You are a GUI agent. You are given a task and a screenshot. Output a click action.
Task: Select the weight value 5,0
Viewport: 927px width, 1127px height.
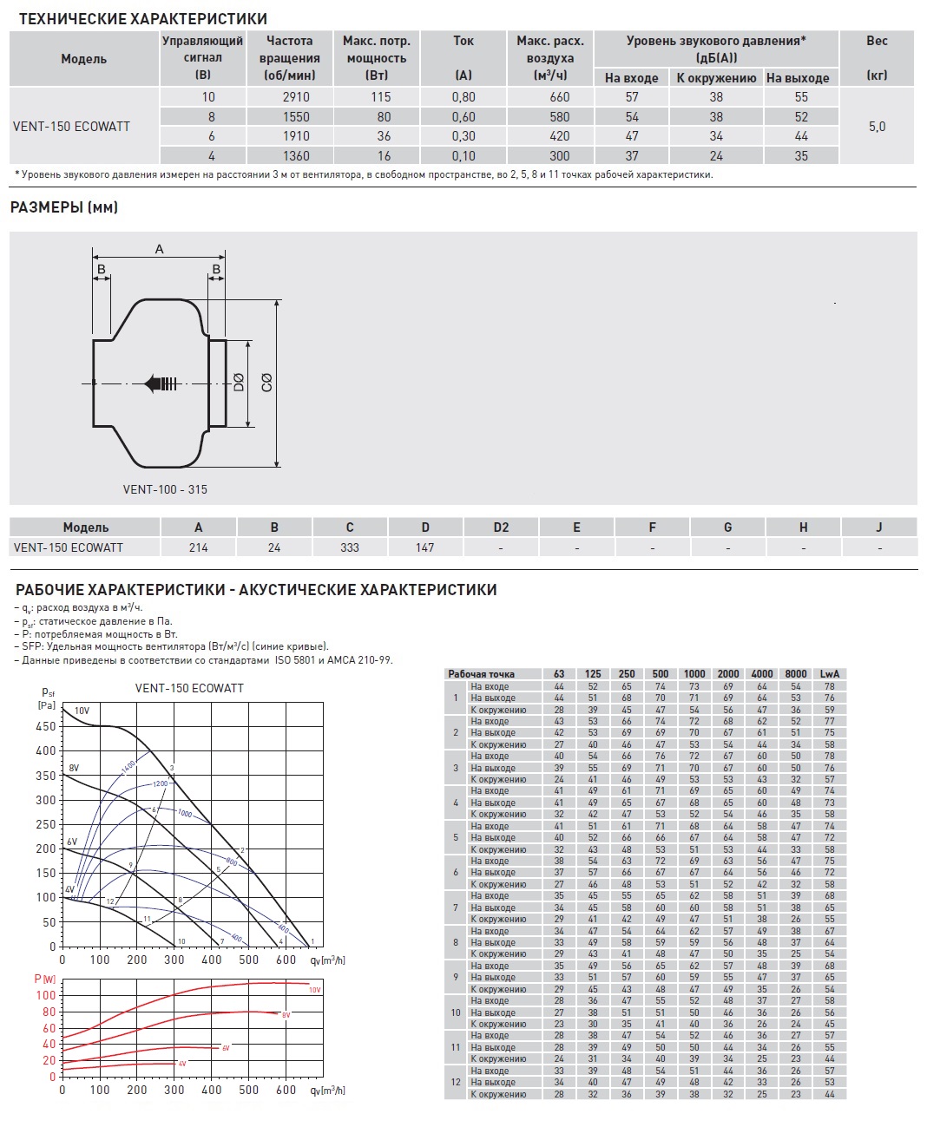coord(877,127)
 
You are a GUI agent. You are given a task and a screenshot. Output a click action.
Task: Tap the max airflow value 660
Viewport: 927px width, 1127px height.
coord(560,97)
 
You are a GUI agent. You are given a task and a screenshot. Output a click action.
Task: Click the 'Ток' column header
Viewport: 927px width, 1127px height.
coord(463,41)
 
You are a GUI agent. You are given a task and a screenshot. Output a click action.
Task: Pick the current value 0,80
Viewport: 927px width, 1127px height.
coord(463,97)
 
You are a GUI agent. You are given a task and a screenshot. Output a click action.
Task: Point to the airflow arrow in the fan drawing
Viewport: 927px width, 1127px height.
coord(162,383)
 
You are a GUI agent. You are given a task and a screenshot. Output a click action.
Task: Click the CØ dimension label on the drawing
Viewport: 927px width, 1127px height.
coord(266,382)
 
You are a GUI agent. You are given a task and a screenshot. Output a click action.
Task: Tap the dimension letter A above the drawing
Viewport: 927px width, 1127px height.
coord(160,250)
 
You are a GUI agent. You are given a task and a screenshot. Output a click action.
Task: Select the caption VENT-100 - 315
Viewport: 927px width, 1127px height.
coord(165,489)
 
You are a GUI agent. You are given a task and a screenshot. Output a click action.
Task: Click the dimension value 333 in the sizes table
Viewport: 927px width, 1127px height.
coord(350,547)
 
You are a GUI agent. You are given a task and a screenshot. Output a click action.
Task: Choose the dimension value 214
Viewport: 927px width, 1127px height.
coord(198,547)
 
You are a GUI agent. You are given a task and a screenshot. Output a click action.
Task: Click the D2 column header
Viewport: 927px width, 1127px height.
coord(501,527)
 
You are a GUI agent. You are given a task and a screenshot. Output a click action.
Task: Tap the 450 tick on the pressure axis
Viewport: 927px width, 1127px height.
coord(45,726)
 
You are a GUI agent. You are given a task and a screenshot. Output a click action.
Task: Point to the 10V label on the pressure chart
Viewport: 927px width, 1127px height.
coord(82,711)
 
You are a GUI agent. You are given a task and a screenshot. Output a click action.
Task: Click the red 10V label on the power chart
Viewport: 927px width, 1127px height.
coord(314,990)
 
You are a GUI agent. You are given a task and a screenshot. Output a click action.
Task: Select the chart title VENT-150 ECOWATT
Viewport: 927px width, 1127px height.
coord(189,688)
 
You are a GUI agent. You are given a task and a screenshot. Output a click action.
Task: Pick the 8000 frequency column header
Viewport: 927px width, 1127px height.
coord(795,674)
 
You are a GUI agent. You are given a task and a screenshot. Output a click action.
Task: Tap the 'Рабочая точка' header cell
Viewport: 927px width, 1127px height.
coord(481,674)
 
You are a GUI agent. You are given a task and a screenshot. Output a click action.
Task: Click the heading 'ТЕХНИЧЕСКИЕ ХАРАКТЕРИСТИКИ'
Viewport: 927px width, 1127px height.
coord(143,19)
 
